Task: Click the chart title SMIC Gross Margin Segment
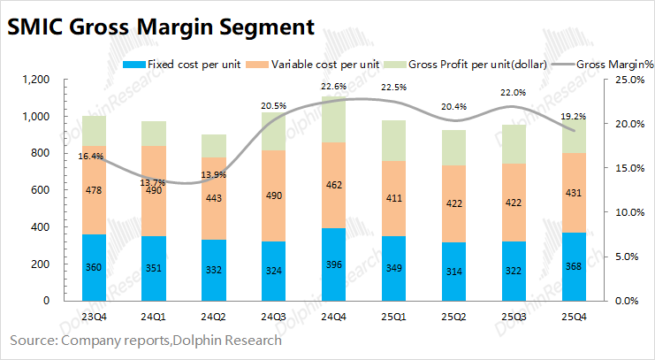(161, 27)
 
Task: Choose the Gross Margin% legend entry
(611, 65)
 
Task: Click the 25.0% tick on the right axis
(626, 80)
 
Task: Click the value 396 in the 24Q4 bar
(333, 266)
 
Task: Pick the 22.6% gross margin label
(333, 87)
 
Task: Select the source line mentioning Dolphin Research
(146, 340)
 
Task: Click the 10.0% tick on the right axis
(626, 213)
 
